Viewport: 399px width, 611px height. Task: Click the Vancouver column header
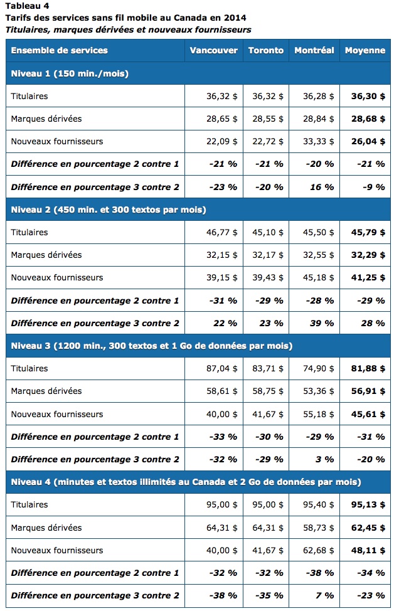tap(213, 50)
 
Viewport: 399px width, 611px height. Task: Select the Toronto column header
tap(265, 50)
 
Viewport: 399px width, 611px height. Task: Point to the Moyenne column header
tap(364, 50)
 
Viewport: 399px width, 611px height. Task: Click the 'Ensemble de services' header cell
tap(59, 50)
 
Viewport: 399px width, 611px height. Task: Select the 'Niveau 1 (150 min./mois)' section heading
tap(70, 73)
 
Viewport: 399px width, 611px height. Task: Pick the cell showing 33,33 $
tap(318, 142)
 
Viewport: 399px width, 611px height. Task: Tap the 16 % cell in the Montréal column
tap(324, 187)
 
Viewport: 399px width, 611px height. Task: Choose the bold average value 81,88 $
tap(368, 369)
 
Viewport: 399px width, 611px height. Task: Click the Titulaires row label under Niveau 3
tap(29, 369)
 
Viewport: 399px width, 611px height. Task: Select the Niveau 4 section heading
tap(186, 482)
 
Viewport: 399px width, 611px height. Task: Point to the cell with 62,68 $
tap(318, 550)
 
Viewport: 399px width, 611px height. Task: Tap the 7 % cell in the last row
tap(326, 595)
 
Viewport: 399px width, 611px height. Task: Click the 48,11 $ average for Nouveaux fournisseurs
tap(368, 550)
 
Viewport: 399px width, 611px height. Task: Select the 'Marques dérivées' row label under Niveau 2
tap(46, 255)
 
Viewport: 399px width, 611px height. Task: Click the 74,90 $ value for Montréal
tap(318, 369)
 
